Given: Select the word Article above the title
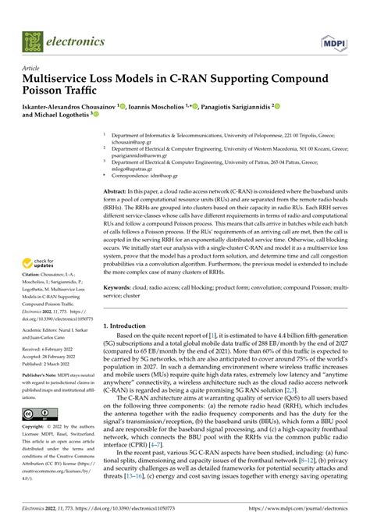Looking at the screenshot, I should tap(32, 68).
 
